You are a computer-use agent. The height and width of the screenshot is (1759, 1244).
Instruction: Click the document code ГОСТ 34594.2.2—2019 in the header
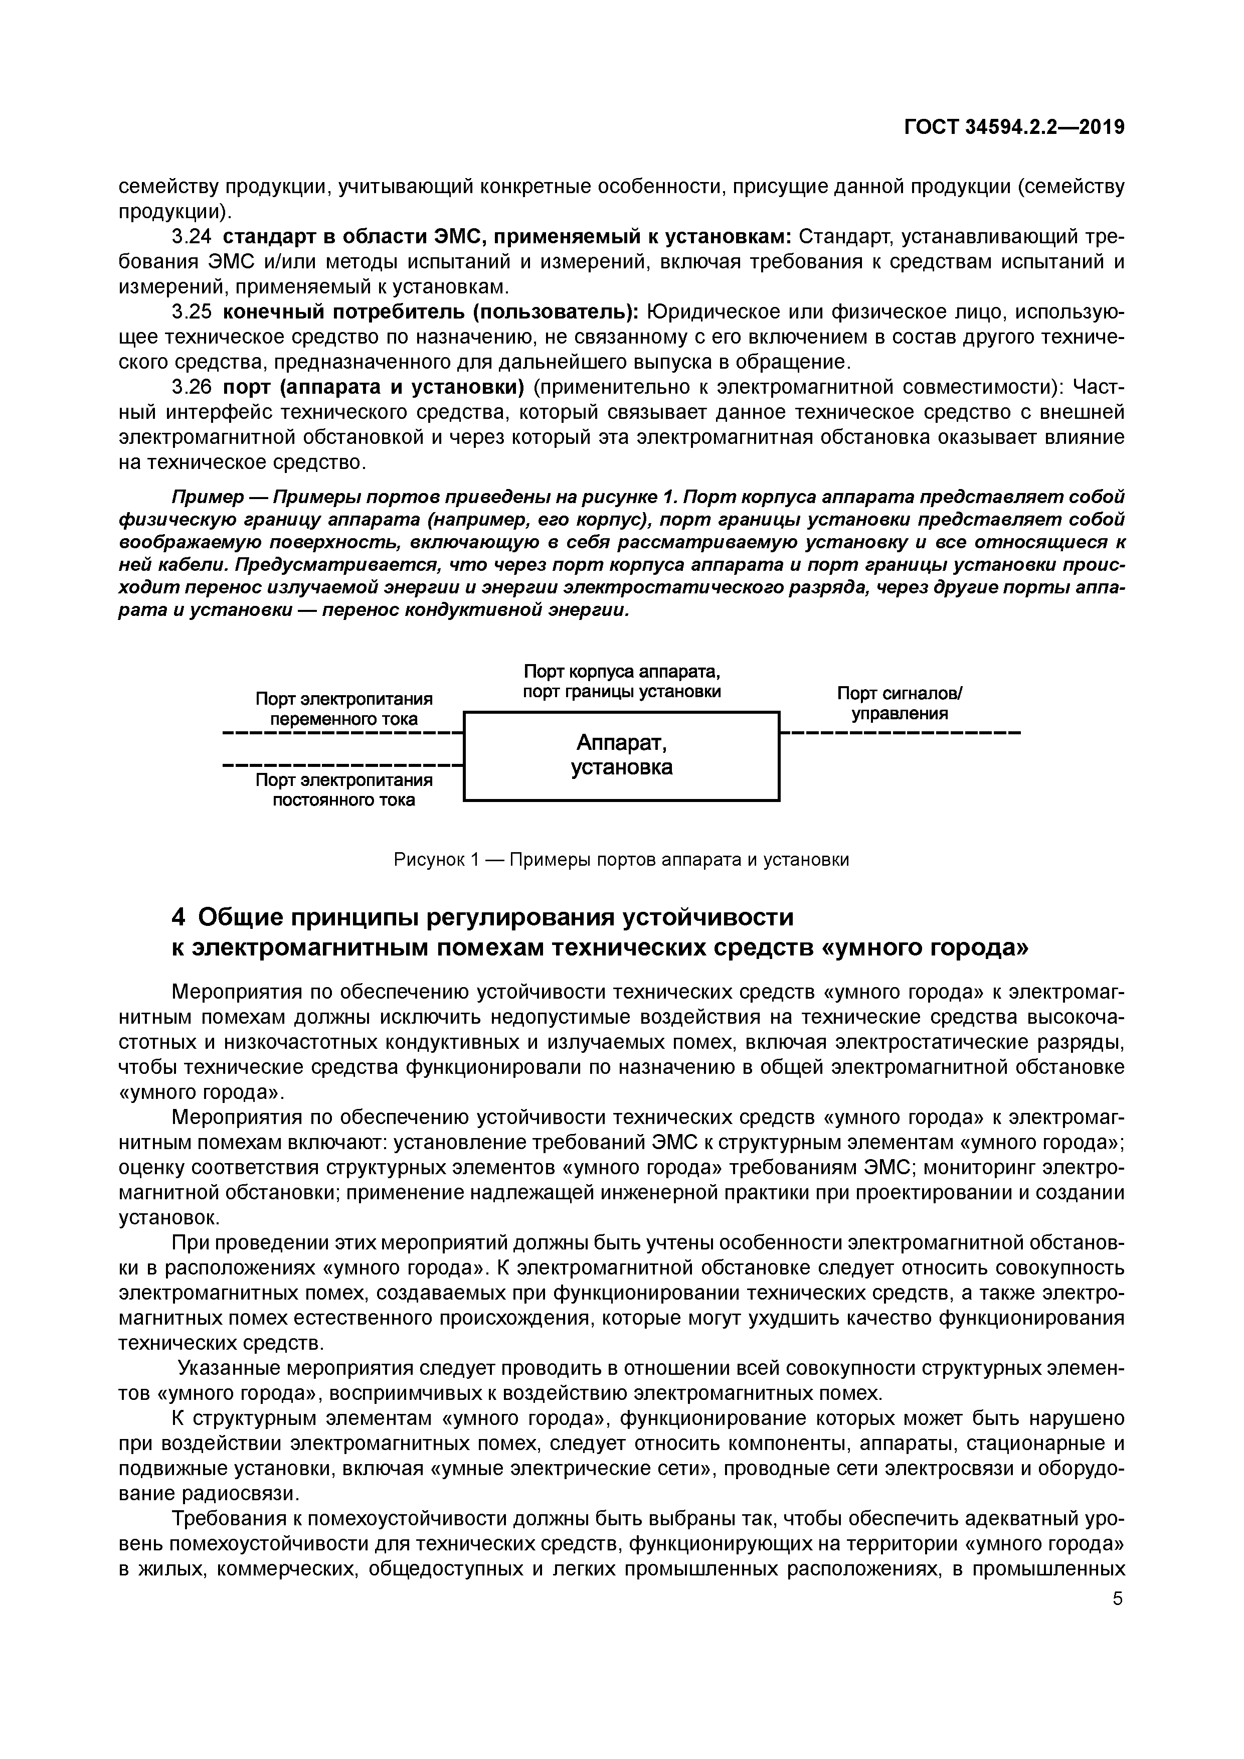[1014, 127]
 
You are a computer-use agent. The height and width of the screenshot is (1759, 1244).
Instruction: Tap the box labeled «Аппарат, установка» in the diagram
[621, 756]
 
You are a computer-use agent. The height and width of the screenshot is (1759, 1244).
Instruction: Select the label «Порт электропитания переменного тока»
[344, 709]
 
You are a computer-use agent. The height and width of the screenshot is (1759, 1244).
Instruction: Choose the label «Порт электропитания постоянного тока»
[344, 790]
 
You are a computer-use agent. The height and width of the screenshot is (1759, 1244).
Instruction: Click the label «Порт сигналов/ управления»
[900, 703]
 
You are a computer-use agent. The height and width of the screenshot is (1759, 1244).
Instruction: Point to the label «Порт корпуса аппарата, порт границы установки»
[621, 682]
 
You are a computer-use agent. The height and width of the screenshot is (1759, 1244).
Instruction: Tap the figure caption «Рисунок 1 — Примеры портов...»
[621, 860]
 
